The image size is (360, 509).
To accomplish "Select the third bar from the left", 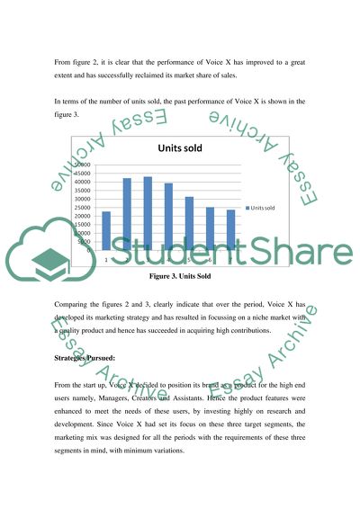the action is pos(148,213).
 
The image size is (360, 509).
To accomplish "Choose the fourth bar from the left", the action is pos(168,216).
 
